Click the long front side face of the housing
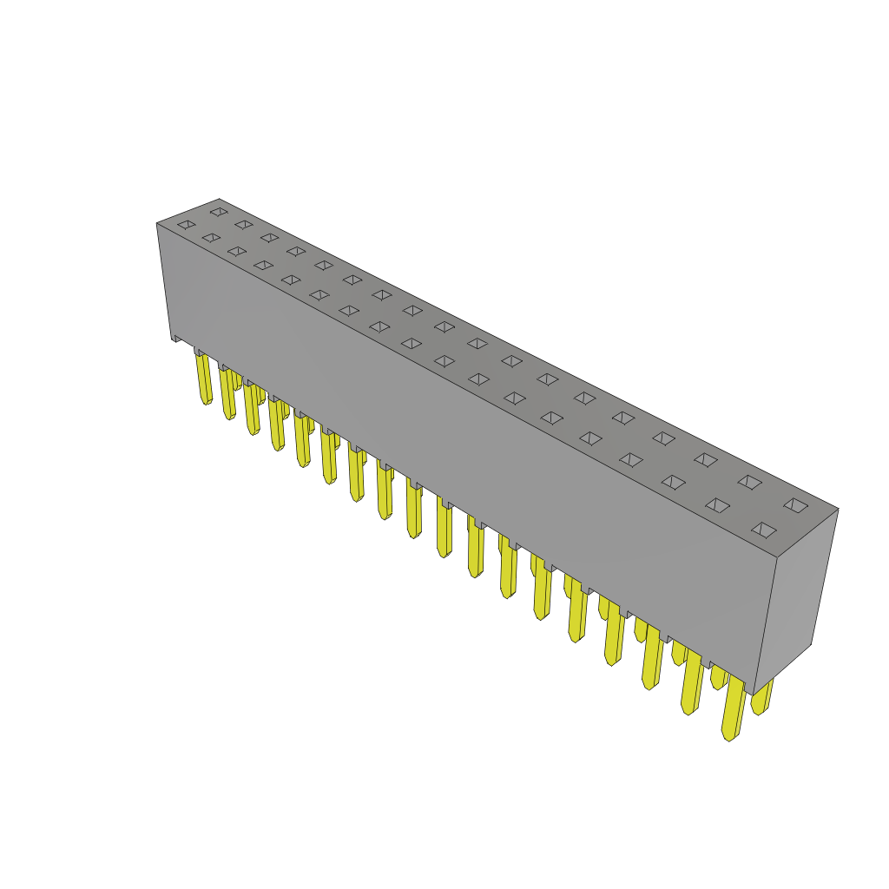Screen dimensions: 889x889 click(460, 434)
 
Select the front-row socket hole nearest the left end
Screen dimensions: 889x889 click(187, 225)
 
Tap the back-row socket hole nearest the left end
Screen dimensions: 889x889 click(219, 211)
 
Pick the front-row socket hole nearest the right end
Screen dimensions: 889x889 click(764, 530)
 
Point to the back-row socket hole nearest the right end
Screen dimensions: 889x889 click(795, 504)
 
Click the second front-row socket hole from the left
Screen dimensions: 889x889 click(212, 238)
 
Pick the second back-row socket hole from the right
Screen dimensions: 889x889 click(750, 482)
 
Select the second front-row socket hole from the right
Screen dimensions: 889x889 click(717, 505)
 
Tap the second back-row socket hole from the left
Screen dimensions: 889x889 click(244, 224)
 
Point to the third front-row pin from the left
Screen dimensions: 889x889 click(253, 409)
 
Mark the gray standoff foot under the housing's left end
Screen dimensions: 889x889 click(177, 338)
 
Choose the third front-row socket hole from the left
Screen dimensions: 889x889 click(237, 252)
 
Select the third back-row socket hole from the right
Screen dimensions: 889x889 click(706, 460)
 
